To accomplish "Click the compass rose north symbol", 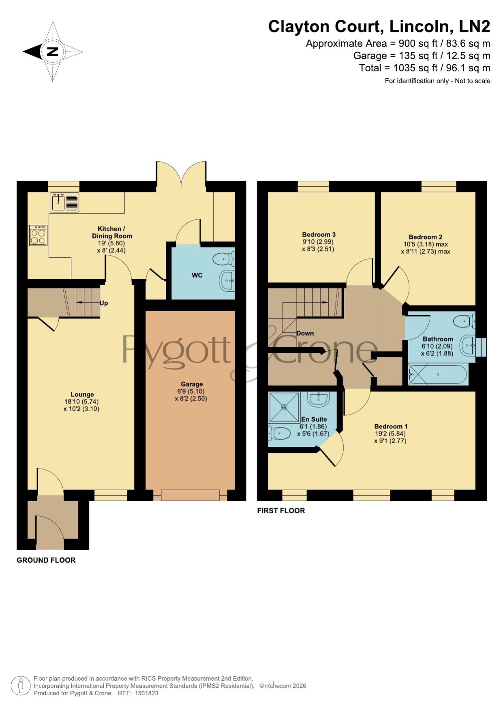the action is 53,52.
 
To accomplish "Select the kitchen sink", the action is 65,202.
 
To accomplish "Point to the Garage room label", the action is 192,384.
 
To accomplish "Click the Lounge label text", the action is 82,394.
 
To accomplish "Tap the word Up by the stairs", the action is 104,303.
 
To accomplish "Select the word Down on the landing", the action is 305,333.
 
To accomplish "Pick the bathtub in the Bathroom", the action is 438,375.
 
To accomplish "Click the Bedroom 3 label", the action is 319,235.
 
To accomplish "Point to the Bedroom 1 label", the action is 391,426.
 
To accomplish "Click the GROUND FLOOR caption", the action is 46,560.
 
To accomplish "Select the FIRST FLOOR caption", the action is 281,511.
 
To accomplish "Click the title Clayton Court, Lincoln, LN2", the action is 379,26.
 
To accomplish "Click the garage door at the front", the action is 190,495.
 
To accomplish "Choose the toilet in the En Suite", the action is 280,433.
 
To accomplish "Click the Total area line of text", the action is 424,68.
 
